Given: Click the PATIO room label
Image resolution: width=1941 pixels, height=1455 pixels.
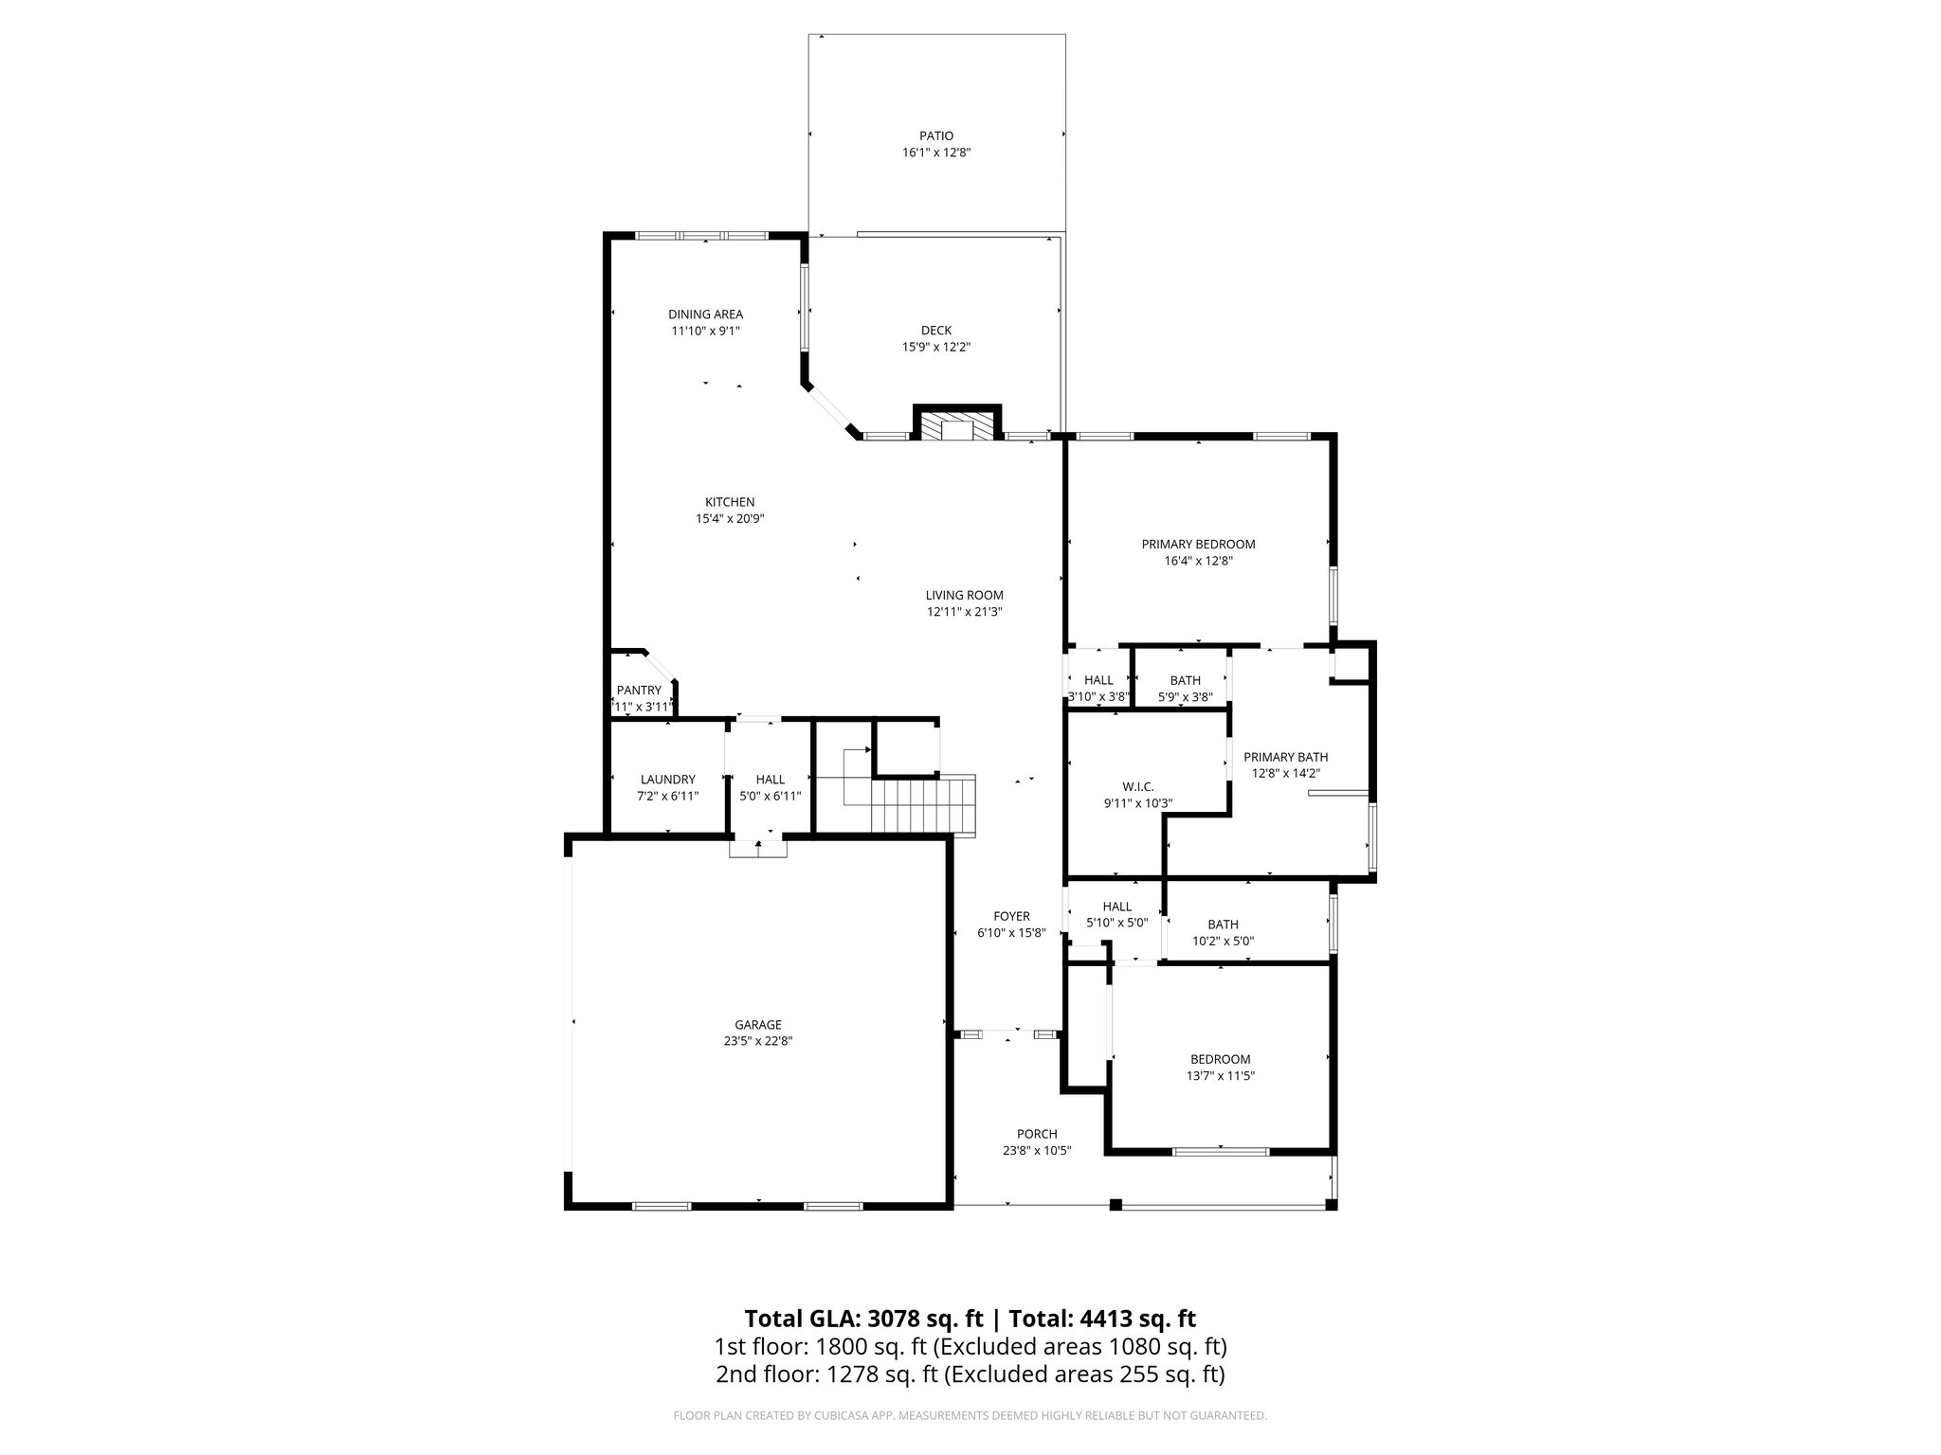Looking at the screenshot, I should (935, 135).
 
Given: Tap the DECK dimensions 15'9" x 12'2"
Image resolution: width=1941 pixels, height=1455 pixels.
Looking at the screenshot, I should (935, 347).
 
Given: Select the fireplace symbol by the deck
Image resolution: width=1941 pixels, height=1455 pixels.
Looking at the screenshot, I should (956, 426).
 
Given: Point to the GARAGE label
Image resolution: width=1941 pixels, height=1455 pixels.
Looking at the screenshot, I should (758, 1024).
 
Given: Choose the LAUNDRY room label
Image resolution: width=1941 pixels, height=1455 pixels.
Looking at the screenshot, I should (667, 780).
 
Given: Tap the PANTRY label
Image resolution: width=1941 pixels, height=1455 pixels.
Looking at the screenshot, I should (639, 691).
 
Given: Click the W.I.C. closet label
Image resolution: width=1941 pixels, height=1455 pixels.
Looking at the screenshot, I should (1137, 786).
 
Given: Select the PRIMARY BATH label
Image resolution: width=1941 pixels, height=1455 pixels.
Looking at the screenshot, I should (1285, 757).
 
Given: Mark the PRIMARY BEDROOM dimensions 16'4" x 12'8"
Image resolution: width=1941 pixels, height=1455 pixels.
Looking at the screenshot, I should (1198, 561).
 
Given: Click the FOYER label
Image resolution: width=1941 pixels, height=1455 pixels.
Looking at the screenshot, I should (1011, 916).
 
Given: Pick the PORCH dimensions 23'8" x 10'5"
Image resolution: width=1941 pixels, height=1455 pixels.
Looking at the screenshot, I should (1037, 1151).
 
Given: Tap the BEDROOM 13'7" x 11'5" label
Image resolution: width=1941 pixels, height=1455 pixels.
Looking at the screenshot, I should (1220, 1059).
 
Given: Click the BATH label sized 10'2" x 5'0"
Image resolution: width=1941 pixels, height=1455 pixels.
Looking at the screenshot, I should (1223, 925).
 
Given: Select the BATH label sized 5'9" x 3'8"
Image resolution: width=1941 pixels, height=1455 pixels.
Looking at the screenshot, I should (1185, 680).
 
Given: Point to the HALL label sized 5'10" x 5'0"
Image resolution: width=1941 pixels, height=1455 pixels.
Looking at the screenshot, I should (1117, 907).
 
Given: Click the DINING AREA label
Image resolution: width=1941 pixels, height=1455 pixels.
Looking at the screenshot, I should (705, 314).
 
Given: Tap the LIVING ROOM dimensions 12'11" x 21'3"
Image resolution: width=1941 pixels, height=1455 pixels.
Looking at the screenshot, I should (964, 612).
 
